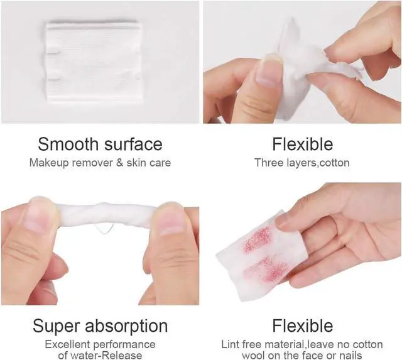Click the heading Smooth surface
click(x=100, y=144)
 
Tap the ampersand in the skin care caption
click(x=120, y=163)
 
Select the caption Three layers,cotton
click(x=302, y=163)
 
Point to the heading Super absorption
click(x=100, y=327)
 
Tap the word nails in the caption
click(x=350, y=356)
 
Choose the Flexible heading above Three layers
click(x=303, y=144)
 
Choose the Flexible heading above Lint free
click(x=303, y=326)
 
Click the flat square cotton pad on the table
click(x=94, y=62)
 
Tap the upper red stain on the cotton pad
click(x=258, y=240)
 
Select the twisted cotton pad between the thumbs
click(x=105, y=214)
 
